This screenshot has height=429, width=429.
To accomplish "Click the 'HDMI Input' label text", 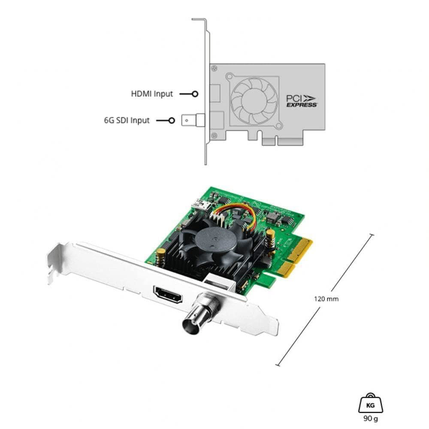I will (x=152, y=94).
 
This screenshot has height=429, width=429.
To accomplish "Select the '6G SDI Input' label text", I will (x=127, y=121).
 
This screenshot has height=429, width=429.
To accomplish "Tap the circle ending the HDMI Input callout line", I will (x=195, y=94).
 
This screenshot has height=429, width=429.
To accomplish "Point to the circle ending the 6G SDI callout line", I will (x=172, y=121).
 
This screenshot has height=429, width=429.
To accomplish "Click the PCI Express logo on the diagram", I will (x=302, y=100).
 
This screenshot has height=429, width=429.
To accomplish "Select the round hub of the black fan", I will (x=218, y=237).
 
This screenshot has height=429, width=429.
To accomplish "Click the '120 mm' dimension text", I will (x=326, y=299).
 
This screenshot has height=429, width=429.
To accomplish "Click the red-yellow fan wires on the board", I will (x=240, y=213).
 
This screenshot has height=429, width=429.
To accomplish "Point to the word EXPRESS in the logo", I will (x=302, y=105).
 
